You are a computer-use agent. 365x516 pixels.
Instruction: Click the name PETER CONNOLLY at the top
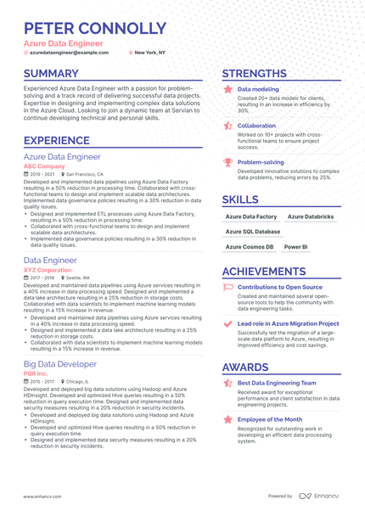[x=94, y=28]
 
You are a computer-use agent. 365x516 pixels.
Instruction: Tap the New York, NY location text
[x=150, y=52]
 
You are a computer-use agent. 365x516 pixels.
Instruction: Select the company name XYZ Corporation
[x=48, y=270]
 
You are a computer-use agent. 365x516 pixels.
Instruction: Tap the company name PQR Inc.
[x=36, y=373]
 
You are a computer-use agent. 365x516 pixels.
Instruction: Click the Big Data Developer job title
[x=60, y=364]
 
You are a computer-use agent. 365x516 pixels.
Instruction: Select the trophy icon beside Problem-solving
[x=227, y=161]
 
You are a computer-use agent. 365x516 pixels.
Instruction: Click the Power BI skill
[x=295, y=247]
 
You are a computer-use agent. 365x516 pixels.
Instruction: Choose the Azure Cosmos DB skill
[x=250, y=247]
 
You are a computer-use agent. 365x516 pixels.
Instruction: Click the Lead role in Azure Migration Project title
[x=288, y=323]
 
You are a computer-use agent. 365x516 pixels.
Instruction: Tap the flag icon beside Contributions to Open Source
[x=227, y=288]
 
